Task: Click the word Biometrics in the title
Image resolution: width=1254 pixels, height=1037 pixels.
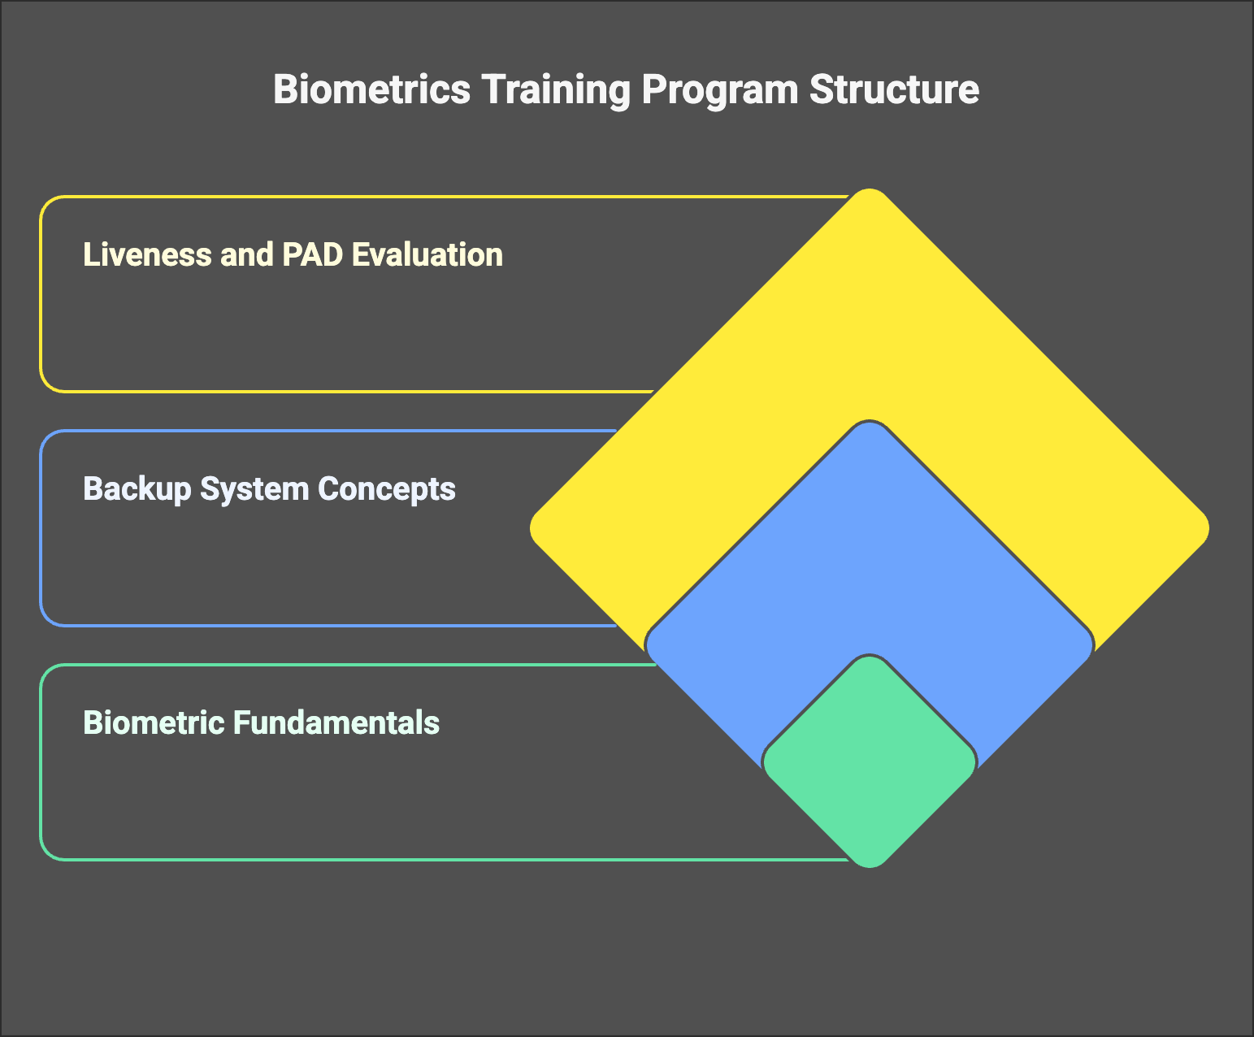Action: (371, 90)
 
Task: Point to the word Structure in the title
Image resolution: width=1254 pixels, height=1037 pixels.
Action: (894, 90)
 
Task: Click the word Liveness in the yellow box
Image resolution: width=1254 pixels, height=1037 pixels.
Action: (147, 254)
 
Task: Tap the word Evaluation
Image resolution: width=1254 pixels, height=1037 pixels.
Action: (427, 254)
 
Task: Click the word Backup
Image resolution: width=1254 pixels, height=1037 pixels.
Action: (137, 489)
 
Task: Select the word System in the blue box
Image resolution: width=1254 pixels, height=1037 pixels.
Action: (254, 489)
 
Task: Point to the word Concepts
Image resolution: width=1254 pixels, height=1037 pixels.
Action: (387, 489)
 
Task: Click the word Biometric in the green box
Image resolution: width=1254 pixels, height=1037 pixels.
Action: (153, 722)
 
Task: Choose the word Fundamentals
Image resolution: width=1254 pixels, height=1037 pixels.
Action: (336, 722)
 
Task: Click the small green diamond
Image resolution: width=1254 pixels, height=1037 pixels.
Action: (869, 761)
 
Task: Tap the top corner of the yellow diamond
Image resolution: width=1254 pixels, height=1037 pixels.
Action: (869, 189)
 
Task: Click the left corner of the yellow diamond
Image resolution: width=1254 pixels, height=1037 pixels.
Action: (531, 528)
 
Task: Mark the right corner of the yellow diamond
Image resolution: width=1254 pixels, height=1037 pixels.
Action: (1208, 528)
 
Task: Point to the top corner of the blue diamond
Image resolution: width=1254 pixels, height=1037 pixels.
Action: (869, 422)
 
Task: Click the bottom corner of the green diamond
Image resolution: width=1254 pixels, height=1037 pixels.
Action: (869, 866)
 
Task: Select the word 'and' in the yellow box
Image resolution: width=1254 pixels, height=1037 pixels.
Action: (247, 254)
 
